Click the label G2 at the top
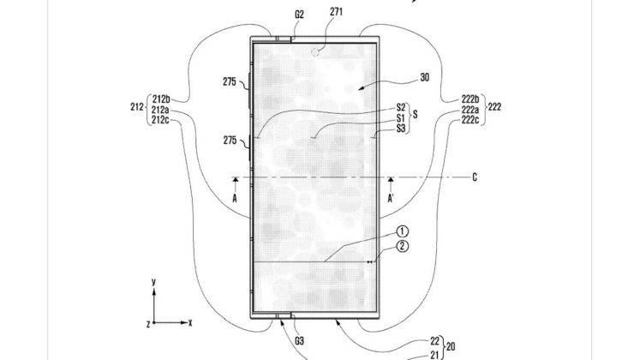coord(299,15)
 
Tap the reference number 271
coord(337,12)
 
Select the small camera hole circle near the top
coord(315,52)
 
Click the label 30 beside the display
coord(424,77)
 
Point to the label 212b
coord(161,99)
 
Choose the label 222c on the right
coord(470,120)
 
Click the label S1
coord(401,118)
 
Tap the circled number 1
coord(403,231)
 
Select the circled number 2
coord(403,246)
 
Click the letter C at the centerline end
coord(475,177)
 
